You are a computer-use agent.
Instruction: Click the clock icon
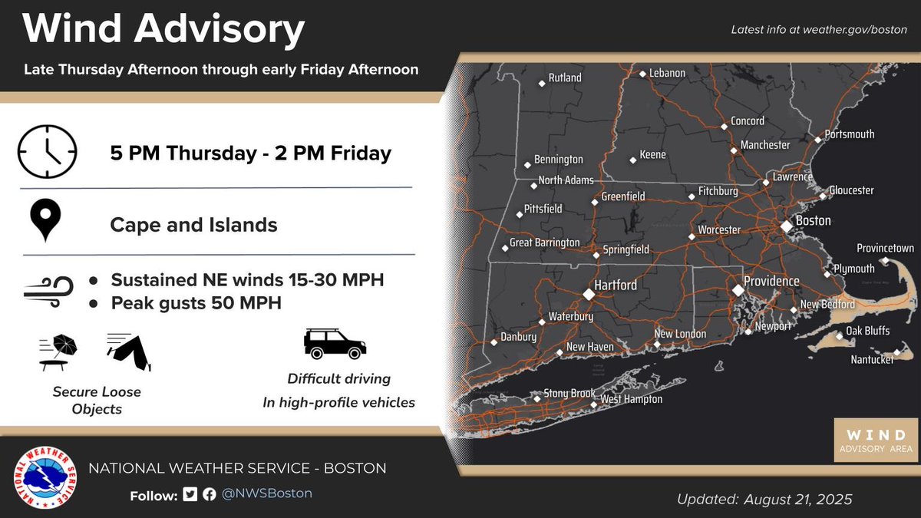tap(48, 152)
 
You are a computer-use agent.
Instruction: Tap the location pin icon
tap(48, 221)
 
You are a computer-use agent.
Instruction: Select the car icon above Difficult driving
tap(335, 344)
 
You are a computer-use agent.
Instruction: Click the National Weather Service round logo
tap(48, 478)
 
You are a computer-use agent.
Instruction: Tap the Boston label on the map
tap(813, 221)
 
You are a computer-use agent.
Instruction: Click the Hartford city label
tap(616, 285)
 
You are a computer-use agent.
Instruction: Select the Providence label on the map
tap(771, 282)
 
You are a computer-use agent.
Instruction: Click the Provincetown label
tap(886, 249)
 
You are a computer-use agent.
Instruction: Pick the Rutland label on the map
tap(564, 78)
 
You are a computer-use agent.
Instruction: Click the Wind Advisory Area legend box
tap(876, 440)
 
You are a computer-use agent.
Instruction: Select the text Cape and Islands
tap(193, 225)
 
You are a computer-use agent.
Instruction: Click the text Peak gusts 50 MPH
tap(196, 302)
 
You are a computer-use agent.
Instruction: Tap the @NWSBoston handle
tap(267, 493)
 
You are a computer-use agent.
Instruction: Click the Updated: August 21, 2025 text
tap(764, 500)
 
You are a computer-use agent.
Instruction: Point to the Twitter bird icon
tap(190, 494)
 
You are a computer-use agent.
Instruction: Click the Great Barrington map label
tap(545, 243)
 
